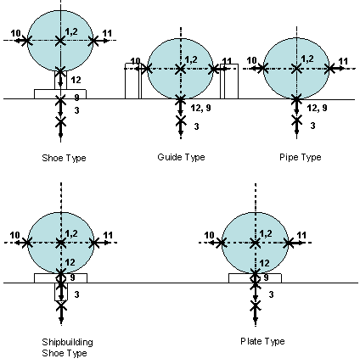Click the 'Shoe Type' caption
64,158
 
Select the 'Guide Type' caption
181,157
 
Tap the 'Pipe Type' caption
301,157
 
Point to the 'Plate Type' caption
262,341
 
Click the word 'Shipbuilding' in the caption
67,342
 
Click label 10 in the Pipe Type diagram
251,60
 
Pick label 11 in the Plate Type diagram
301,235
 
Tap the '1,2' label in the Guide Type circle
191,59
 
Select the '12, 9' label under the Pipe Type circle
317,108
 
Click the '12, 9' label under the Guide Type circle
200,108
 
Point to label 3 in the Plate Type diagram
271,294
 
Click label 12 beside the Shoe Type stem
76,80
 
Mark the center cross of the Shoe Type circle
60,41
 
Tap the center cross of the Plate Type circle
256,243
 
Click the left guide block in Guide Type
133,81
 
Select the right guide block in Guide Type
229,81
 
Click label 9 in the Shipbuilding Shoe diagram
72,277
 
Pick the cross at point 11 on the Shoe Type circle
93,41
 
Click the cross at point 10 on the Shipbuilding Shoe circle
27,243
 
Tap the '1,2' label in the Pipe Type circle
307,59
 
